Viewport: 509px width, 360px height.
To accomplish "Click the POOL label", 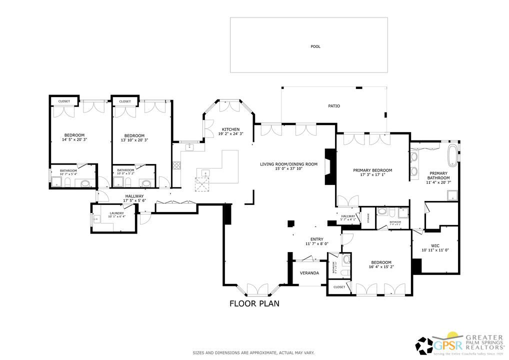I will [315, 46].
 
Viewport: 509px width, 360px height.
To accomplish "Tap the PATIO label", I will [334, 106].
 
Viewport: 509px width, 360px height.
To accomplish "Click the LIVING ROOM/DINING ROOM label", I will [288, 164].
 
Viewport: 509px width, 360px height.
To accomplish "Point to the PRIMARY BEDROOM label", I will [372, 170].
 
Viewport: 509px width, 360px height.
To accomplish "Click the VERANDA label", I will [309, 273].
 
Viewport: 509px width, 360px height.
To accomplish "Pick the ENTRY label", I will [316, 239].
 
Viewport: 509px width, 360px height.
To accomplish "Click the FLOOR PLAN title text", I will [254, 303].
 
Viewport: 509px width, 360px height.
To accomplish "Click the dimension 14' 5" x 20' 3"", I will [74, 140].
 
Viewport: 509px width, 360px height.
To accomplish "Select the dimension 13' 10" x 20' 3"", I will [134, 140].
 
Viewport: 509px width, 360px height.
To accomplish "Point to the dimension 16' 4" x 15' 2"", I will [381, 267].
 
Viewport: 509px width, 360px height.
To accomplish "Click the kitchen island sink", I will [204, 173].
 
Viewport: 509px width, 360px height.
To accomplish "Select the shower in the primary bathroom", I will [451, 195].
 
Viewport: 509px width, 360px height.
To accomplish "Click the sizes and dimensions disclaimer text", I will [254, 353].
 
